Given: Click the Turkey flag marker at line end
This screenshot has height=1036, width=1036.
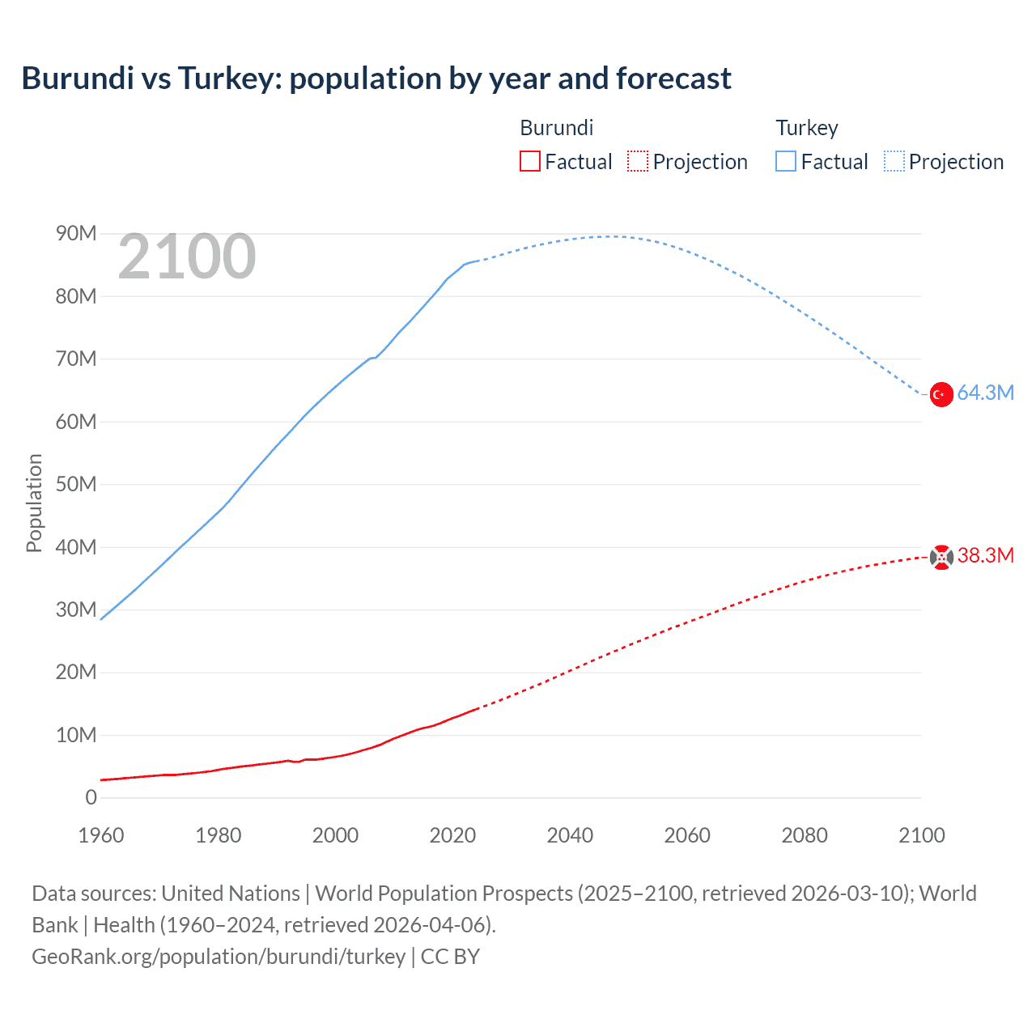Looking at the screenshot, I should tap(940, 394).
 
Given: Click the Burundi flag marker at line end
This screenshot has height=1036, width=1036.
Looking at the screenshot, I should tap(940, 557).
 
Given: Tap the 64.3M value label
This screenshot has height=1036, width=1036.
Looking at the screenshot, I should tap(985, 393).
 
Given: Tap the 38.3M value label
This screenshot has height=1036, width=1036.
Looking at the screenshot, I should tap(985, 555).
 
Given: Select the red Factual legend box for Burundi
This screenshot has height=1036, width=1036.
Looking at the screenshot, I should tap(529, 162).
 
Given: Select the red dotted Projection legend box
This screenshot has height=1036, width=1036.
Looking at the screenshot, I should tap(638, 162).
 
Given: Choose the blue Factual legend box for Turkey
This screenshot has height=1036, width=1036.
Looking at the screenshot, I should tap(785, 162).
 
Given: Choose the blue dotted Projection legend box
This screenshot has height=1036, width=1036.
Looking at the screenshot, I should tap(894, 162).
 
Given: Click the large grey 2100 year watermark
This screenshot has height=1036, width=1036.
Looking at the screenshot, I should tap(187, 257).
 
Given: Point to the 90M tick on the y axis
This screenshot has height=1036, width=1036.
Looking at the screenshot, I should tap(76, 234).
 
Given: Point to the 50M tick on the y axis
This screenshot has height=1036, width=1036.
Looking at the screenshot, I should tap(76, 484).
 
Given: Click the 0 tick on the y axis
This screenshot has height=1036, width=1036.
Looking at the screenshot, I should tap(91, 797).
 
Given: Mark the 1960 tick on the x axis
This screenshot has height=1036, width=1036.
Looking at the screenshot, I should tap(101, 835).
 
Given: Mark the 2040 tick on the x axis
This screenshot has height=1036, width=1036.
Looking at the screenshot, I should tap(570, 835).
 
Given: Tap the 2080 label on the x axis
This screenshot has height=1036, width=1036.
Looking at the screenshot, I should tap(805, 835).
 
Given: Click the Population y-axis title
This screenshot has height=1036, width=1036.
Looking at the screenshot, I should tap(34, 503).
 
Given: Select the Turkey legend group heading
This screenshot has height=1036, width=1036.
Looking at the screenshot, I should tap(807, 128).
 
